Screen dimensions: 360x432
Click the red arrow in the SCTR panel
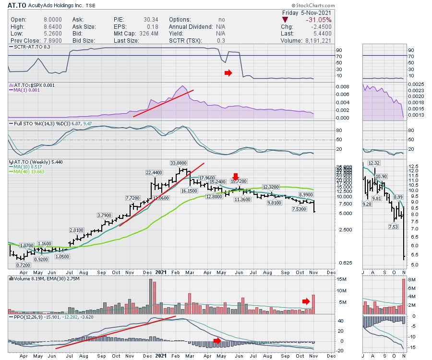(x=228, y=73)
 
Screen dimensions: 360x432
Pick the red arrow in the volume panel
(x=306, y=301)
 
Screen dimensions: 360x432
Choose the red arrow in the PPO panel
(x=217, y=341)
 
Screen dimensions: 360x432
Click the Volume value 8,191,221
(x=319, y=41)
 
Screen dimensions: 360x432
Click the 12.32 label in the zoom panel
(x=374, y=163)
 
